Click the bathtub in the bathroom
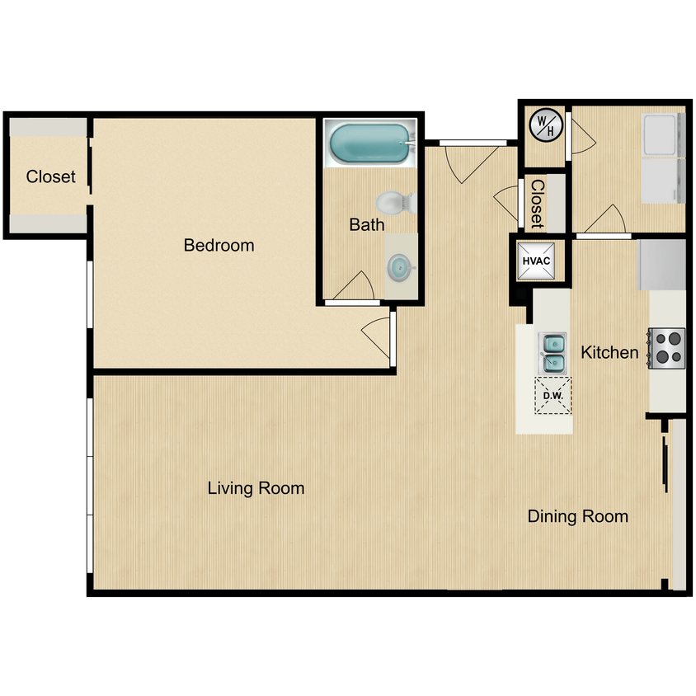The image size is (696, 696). click(x=369, y=143)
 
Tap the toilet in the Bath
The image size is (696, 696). click(x=395, y=202)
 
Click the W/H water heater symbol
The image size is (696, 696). click(x=546, y=125)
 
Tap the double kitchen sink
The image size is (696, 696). click(x=553, y=352)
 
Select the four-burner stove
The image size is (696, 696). click(x=666, y=347)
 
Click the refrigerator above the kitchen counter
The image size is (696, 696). click(x=662, y=264)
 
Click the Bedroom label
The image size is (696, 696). click(x=219, y=245)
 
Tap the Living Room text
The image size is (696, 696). click(x=256, y=488)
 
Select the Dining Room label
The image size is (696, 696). click(x=577, y=517)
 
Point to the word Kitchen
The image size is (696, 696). click(x=609, y=353)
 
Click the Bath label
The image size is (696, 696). click(x=366, y=224)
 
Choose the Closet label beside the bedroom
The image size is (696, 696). click(x=50, y=176)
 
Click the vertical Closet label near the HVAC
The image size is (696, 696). click(x=537, y=204)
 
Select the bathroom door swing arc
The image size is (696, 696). click(x=355, y=287)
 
